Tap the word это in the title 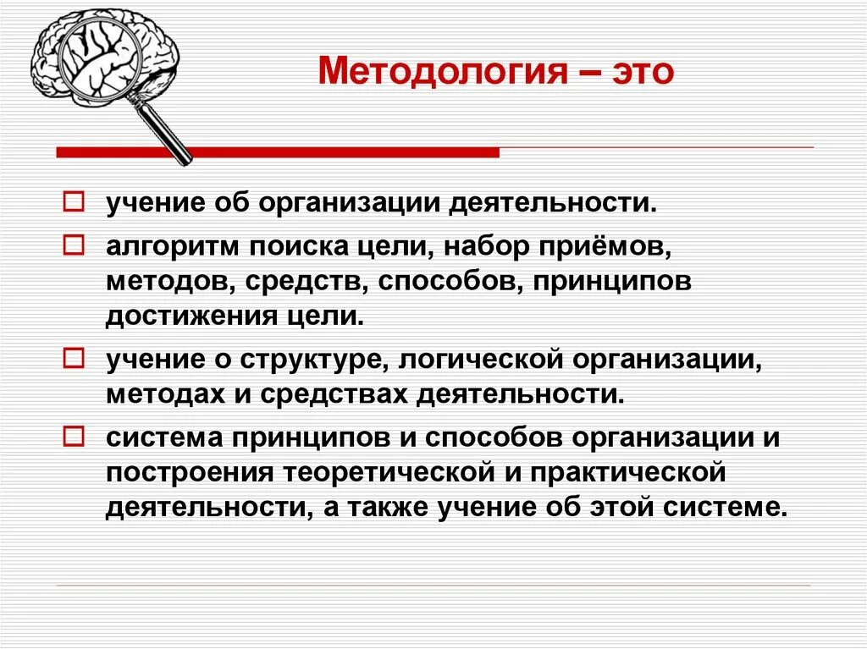(641, 72)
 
